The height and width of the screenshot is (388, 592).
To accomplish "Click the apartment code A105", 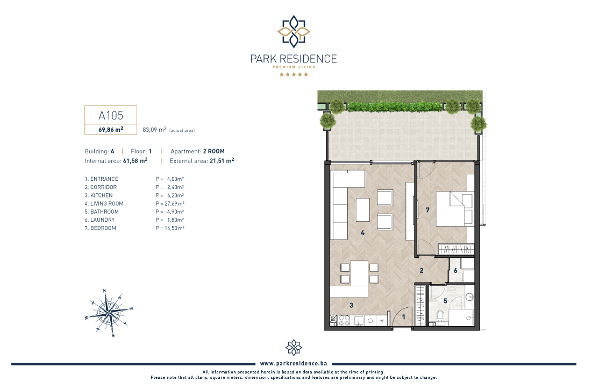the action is click(x=111, y=115).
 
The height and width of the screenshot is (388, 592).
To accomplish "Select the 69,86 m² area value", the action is click(x=111, y=129).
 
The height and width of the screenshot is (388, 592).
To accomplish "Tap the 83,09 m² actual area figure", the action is click(x=154, y=130).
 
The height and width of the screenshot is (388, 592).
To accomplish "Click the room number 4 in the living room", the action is click(x=362, y=232).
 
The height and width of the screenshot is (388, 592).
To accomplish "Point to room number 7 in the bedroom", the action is click(x=427, y=210).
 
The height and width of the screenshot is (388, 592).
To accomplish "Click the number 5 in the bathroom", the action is click(x=445, y=301).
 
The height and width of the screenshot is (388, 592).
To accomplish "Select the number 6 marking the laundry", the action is click(x=455, y=271).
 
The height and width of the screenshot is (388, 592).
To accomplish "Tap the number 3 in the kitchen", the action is click(x=351, y=305).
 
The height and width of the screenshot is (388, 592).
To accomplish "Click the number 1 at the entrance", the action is click(x=404, y=317).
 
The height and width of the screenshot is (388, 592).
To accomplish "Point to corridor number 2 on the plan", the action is click(x=422, y=271).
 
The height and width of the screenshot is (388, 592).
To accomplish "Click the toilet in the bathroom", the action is click(x=440, y=317).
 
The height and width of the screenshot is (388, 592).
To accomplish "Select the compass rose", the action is click(x=109, y=313).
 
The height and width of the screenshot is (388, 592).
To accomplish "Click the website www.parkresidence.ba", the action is click(x=294, y=363).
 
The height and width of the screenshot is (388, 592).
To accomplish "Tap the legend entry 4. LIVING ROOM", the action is click(x=104, y=203).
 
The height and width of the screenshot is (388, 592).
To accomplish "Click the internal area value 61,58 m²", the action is click(x=135, y=160).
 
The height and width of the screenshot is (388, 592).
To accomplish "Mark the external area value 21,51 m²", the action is click(x=222, y=160).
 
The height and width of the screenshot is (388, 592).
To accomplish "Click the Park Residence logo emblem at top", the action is click(x=294, y=32).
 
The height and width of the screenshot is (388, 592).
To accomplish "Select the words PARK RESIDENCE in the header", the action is click(x=294, y=59).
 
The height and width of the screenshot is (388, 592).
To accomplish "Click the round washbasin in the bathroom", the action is click(x=469, y=298).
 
